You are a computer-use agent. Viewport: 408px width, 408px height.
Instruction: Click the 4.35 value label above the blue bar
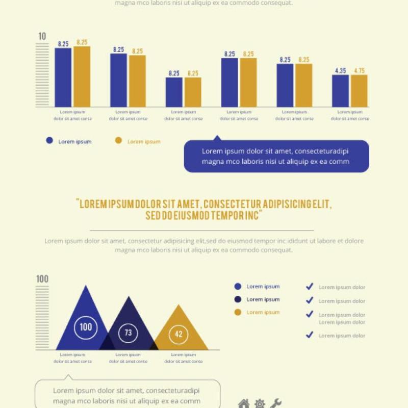(x=341, y=71)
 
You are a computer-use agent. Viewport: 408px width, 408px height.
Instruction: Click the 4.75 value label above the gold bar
(x=359, y=71)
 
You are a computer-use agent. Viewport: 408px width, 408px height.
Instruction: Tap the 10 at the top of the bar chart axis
(x=42, y=36)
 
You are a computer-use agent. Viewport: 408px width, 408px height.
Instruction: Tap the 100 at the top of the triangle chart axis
(x=42, y=279)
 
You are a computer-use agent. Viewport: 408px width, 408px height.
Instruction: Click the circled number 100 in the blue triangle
(x=86, y=327)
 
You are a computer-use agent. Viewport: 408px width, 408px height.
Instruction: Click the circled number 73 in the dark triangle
(x=128, y=333)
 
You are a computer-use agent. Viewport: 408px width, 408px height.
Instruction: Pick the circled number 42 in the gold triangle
(x=178, y=334)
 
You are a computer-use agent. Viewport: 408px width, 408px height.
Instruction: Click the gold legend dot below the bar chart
(x=118, y=140)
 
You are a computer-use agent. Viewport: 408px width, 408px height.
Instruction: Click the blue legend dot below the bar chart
(x=49, y=140)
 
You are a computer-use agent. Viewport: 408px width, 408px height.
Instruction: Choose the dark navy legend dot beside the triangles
(x=238, y=299)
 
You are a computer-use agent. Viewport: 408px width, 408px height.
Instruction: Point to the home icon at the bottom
(x=244, y=403)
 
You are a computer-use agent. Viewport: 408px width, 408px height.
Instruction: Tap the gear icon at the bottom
(x=260, y=403)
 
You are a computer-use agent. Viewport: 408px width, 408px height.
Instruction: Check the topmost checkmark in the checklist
(x=309, y=287)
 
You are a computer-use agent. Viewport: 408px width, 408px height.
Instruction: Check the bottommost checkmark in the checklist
(x=309, y=335)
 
